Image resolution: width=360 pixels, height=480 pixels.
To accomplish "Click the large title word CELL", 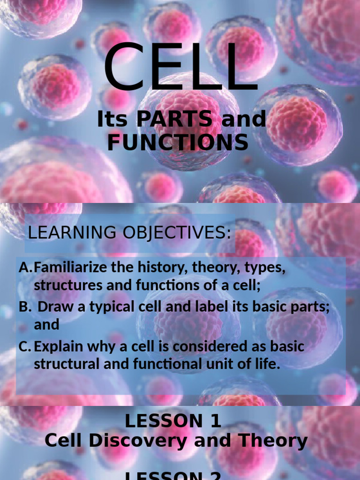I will [x=181, y=68].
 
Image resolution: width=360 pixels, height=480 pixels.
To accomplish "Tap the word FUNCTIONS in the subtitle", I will [x=178, y=142].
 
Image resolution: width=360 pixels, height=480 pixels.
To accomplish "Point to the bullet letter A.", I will [x=25, y=269].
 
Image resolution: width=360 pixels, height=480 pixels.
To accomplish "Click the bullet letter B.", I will [x=24, y=307].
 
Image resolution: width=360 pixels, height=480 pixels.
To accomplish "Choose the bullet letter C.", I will [x=25, y=347].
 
